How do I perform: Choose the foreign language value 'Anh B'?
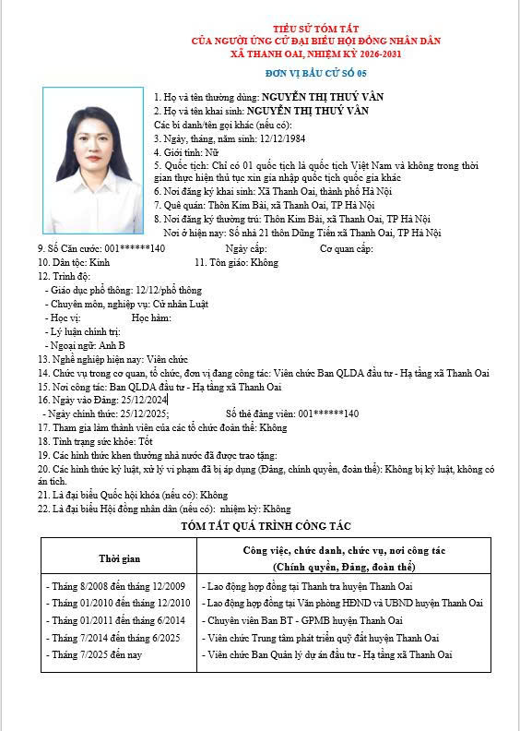pyautogui.click(x=112, y=344)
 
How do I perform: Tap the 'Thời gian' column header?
pyautogui.click(x=119, y=558)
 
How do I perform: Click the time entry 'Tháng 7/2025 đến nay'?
pyautogui.click(x=94, y=654)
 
